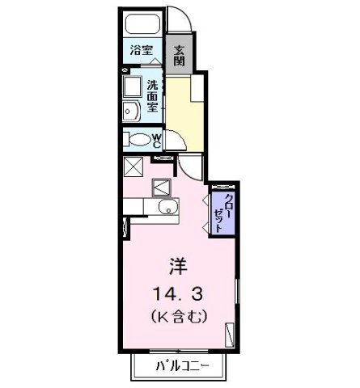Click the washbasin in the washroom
coord(130,111)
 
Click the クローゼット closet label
coord(219,213)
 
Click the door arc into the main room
coord(193,167)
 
